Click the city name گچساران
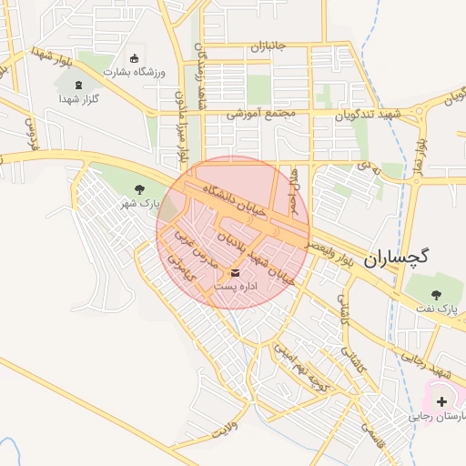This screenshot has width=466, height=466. click(x=397, y=258)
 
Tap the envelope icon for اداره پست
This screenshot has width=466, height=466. click(x=237, y=272)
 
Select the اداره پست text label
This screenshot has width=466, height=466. click(x=237, y=287)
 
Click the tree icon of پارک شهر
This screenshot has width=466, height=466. click(x=139, y=189)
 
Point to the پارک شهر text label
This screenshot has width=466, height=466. click(x=140, y=204)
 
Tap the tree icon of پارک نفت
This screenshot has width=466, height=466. click(x=435, y=294)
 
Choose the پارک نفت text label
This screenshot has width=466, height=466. click(x=436, y=309)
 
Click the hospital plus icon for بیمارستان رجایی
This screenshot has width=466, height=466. click(x=442, y=400)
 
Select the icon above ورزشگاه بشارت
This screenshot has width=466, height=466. click(x=136, y=57)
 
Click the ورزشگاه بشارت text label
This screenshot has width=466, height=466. click(x=134, y=72)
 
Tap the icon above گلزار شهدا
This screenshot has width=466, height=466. click(x=78, y=85)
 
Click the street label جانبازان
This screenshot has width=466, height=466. click(x=268, y=46)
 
